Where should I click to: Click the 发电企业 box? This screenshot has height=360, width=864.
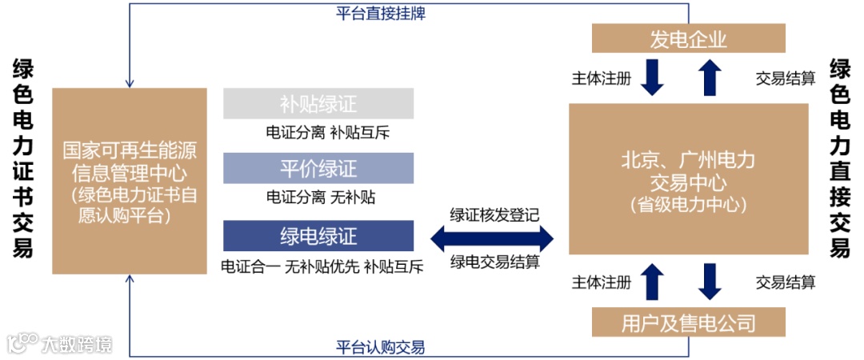688,39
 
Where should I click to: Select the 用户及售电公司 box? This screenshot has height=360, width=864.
688,323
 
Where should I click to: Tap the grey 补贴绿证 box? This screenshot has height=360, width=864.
318,104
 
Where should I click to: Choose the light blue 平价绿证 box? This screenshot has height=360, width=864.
318,169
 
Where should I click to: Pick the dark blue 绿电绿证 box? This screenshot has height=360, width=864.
318,236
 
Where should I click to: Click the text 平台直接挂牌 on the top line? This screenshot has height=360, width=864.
380,13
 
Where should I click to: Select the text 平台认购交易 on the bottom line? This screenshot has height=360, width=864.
380,347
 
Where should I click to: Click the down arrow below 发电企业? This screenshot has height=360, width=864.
653,78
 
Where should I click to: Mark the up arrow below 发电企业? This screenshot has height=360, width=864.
710,78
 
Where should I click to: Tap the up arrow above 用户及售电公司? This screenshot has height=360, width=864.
653,282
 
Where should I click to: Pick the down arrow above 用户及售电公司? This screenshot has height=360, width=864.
710,282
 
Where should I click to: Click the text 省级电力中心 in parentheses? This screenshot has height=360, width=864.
688,205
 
